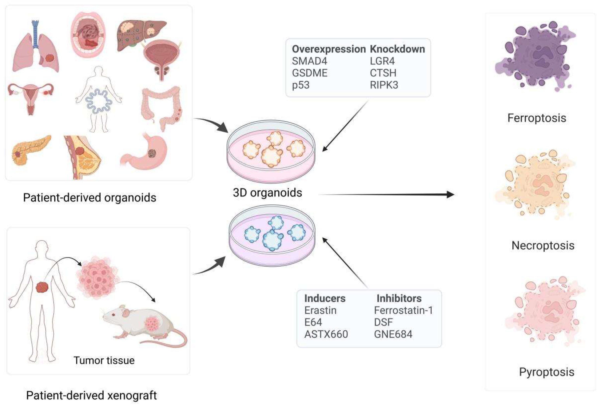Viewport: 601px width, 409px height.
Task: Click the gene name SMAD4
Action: point(309,61)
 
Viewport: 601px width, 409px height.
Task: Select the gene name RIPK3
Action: point(384,85)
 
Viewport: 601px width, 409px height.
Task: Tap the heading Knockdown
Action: point(397,49)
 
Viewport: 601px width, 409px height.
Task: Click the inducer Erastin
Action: point(320,310)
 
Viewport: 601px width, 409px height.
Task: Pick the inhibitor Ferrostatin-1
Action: point(403,310)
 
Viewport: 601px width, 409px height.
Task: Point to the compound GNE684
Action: point(393,334)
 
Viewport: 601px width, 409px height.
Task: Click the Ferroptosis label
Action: point(537,118)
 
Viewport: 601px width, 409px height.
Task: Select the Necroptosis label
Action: point(543,245)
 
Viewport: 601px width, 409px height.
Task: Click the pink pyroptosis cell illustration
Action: point(543,310)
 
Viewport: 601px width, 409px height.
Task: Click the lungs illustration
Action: point(36,49)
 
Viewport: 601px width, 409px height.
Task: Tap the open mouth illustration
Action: point(88,35)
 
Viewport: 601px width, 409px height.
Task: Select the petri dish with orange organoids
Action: point(271,151)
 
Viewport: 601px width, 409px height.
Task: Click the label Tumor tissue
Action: point(104,360)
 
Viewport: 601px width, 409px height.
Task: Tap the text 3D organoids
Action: point(267,193)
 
